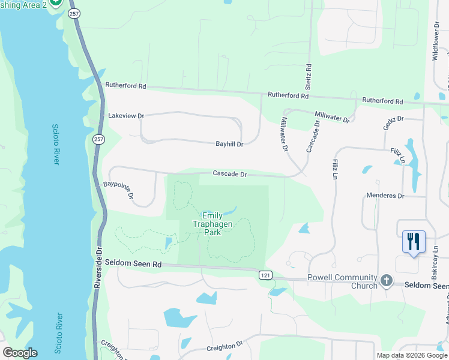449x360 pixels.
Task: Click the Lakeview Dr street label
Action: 126,115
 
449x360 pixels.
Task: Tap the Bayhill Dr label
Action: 229,144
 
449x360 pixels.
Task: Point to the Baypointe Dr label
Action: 118,190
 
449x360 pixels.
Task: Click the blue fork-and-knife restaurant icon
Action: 413,242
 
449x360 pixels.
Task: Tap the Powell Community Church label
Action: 342,281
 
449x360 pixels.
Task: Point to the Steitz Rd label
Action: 308,76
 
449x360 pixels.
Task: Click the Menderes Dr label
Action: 385,196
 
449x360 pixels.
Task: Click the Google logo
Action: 20,353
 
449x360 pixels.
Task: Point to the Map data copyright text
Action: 412,355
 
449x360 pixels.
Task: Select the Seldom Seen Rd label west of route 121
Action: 133,263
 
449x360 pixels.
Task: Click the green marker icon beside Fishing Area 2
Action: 56,2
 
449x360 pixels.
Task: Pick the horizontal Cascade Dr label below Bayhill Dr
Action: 230,174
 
